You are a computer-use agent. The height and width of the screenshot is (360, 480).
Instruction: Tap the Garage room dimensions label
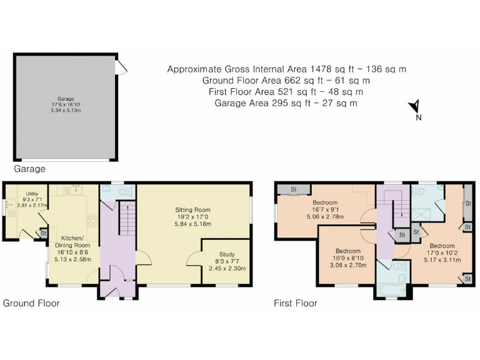point(66,105)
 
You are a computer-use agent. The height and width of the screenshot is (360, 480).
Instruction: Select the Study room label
point(227,261)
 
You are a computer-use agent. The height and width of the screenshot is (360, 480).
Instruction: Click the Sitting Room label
point(193,217)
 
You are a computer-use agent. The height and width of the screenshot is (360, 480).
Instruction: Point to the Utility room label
point(32,199)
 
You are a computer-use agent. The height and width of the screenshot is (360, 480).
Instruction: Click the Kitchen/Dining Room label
point(72,249)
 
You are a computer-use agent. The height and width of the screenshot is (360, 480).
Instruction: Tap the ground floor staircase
point(127,218)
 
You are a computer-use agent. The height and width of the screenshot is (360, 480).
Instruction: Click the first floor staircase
point(397,208)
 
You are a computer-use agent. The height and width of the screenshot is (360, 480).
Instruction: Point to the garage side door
point(121,67)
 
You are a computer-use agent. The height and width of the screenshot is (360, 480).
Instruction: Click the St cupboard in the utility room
point(44,233)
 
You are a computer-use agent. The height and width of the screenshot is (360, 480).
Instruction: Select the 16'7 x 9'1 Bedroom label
point(325,210)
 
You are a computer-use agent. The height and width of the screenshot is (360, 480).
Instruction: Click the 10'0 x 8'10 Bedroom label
point(348,258)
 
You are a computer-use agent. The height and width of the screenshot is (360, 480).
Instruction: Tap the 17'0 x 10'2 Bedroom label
point(442,253)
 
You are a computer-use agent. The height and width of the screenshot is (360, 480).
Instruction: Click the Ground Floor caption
point(31,303)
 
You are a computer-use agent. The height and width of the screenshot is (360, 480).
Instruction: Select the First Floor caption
point(296,303)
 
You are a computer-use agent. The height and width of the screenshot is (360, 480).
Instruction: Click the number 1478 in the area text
point(321,69)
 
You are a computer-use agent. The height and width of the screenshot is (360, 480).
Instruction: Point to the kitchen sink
point(76,190)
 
